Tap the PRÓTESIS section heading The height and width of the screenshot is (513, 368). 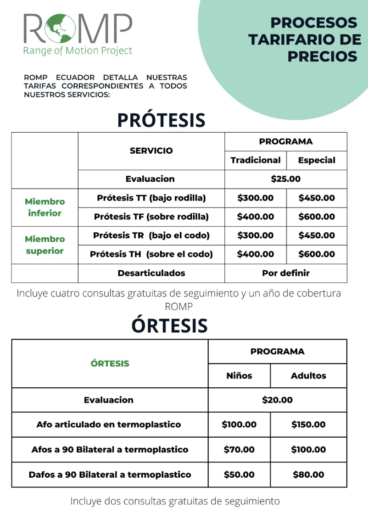click(x=161, y=120)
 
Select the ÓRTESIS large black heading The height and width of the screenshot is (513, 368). click(x=169, y=325)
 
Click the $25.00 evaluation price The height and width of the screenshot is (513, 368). click(x=285, y=179)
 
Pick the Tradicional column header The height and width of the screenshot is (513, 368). click(x=256, y=160)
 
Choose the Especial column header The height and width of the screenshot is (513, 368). click(x=317, y=160)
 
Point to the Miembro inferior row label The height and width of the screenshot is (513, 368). click(x=45, y=207)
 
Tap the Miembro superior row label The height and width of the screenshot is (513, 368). click(x=45, y=245)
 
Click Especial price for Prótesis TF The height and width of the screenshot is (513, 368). click(x=317, y=217)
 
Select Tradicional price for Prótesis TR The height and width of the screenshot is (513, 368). click(x=256, y=235)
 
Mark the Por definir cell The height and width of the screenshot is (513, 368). click(x=285, y=273)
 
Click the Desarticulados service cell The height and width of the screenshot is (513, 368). click(x=151, y=273)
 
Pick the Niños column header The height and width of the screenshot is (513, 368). click(x=239, y=375)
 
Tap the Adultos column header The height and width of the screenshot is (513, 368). click(x=308, y=375)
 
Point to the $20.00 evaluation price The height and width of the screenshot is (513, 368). click(x=277, y=400)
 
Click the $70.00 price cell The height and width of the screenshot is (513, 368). click(x=239, y=450)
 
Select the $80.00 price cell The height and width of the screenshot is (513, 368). click(x=308, y=474)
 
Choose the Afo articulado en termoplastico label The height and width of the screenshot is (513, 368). click(x=109, y=424)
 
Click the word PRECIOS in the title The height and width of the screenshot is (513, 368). click(x=322, y=56)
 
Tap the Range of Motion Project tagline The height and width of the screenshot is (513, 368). click(x=78, y=50)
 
